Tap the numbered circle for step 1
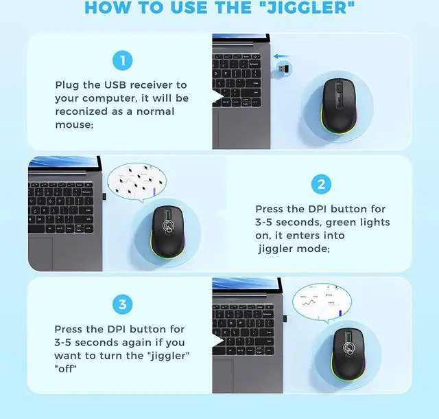click(122, 61)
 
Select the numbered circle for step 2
click(321, 184)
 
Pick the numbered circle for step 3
click(122, 304)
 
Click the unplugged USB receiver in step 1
click(283, 69)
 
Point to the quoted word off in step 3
click(65, 368)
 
